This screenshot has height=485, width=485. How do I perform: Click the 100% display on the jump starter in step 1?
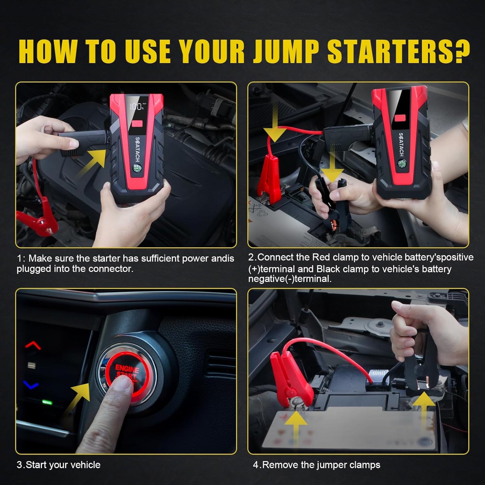click(137, 107)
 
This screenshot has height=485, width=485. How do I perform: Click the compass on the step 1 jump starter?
click(137, 168)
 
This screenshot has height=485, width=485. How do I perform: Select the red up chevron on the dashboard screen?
click(33, 346)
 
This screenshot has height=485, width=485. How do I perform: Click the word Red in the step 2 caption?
click(321, 257)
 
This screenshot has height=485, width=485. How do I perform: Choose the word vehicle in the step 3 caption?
click(85, 465)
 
